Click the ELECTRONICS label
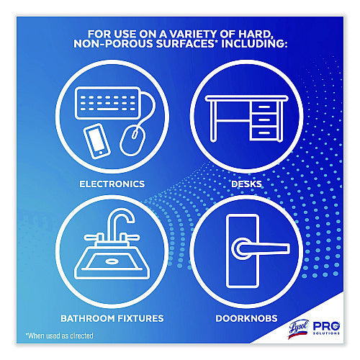112,184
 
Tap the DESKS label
246,184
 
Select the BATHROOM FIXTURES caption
112,318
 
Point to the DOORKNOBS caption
246,318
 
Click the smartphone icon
97,141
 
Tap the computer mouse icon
132,141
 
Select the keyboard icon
107,103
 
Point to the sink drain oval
112,261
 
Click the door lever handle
261,248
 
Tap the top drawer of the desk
264,107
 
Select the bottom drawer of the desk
264,132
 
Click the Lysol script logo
298,328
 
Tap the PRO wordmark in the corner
326,326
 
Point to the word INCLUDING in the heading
254,44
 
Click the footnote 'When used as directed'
60,336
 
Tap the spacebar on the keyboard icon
107,109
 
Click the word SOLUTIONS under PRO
326,333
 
